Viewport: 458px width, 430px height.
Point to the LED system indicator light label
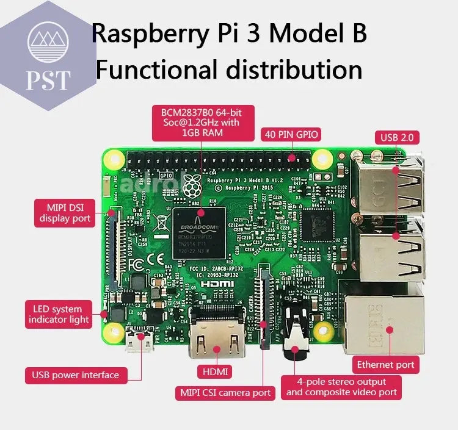pos(59,314)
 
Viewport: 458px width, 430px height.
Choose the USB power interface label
pos(76,374)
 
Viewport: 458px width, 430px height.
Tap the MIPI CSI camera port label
pos(224,392)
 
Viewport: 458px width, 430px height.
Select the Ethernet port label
pos(386,365)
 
